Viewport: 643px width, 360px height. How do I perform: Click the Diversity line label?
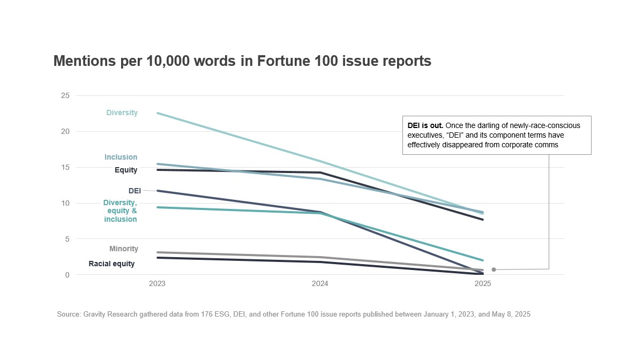122,113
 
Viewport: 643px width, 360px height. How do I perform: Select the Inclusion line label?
121,157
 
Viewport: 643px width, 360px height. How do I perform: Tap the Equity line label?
126,170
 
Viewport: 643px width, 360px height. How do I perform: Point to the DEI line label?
134,191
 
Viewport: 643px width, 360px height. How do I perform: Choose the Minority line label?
124,249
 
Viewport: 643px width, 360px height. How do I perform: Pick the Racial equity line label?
111,264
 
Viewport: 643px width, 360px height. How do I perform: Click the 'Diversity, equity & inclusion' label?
120,211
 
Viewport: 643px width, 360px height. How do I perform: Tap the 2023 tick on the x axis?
157,285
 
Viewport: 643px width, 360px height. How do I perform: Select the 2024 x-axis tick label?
320,285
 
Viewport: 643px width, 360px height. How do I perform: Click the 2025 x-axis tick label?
483,285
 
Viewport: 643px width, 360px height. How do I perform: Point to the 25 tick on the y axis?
65,96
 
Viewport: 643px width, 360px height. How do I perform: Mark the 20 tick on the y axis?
65,132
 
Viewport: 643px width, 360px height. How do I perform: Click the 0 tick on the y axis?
68,275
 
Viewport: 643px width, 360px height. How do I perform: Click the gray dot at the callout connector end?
494,269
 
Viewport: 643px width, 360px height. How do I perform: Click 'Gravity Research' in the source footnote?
105,314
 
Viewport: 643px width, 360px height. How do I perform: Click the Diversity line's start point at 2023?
157,113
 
